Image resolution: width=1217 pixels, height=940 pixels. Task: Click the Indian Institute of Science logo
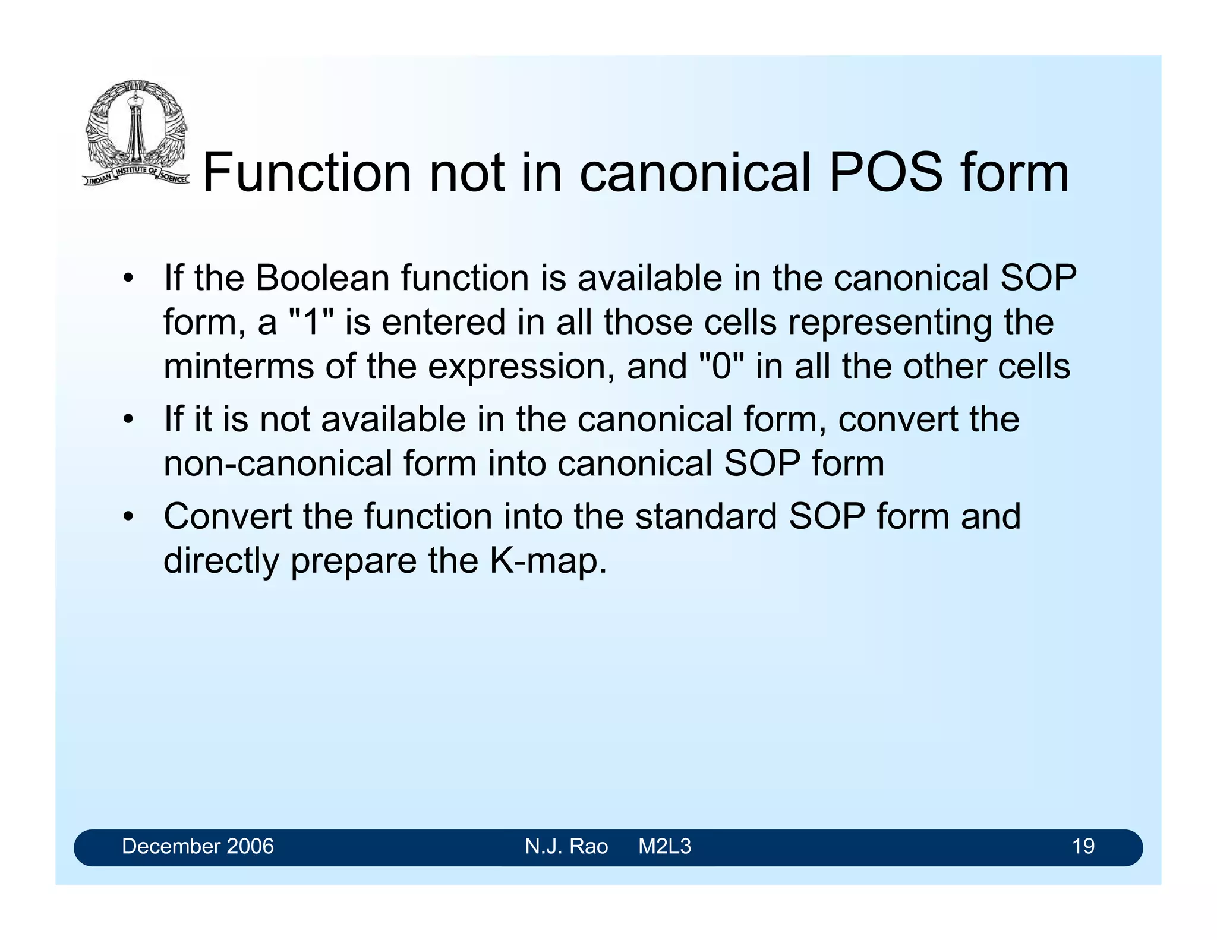(x=135, y=134)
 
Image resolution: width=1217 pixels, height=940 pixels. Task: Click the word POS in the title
(x=885, y=173)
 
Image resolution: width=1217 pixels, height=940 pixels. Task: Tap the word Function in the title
(x=307, y=173)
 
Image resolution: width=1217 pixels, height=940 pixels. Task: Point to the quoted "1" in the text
(x=311, y=322)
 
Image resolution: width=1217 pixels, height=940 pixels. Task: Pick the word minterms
(x=238, y=366)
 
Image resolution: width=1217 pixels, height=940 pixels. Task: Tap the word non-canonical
(x=278, y=463)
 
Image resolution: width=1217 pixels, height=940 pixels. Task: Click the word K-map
(x=548, y=560)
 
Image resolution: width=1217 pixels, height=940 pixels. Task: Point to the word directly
(x=221, y=560)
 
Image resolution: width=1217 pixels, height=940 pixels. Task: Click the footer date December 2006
(x=198, y=846)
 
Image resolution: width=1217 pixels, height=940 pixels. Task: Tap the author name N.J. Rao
(x=566, y=846)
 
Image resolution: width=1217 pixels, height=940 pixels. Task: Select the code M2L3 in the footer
(x=664, y=846)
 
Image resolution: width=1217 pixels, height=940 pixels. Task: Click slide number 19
(x=1083, y=846)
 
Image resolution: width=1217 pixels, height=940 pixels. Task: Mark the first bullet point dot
(x=128, y=279)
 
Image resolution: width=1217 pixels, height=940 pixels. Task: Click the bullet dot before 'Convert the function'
(x=128, y=517)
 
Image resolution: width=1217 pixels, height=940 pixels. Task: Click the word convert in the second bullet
(x=897, y=419)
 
